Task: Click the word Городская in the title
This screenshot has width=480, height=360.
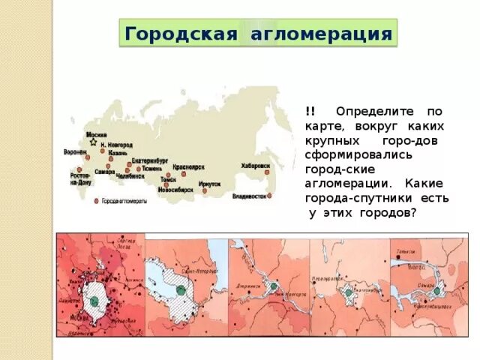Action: point(179,34)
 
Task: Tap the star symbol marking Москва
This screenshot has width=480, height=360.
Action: point(93,141)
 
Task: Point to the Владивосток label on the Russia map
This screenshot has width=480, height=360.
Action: point(250,196)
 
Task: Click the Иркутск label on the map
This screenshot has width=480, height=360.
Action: point(210,183)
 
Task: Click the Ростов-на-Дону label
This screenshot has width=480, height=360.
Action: point(80,178)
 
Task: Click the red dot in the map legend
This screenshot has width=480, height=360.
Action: point(97,202)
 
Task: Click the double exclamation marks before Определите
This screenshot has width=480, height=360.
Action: point(310,110)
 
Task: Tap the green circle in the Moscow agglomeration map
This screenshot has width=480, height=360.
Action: point(94,300)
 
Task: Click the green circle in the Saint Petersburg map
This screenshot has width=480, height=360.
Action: point(181,288)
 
